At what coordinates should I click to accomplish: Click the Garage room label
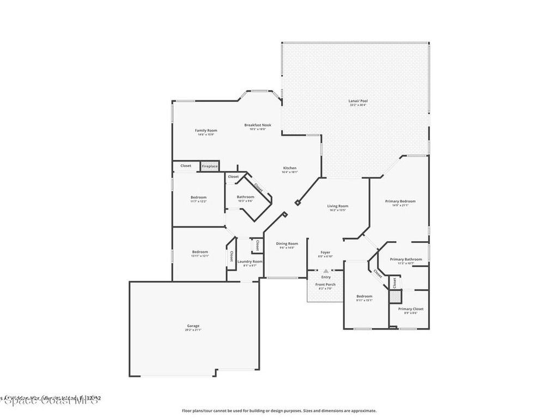point(193,326)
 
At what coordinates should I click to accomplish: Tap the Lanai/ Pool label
point(358,101)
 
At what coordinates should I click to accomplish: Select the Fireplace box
point(210,166)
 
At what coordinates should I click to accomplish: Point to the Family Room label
point(206,130)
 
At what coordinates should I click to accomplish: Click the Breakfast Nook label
point(257,125)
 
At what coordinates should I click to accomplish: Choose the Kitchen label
point(289,168)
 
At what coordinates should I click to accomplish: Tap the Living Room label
point(338,206)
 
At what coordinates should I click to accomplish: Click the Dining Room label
point(287,244)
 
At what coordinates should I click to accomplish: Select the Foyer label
point(325,253)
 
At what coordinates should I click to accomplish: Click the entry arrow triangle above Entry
point(326,271)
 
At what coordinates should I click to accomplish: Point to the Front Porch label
point(325,284)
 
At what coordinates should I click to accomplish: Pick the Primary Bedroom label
point(401,201)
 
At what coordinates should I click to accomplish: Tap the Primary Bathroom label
point(406,260)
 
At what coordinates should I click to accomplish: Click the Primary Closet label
point(410,309)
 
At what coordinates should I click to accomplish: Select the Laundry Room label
point(250,261)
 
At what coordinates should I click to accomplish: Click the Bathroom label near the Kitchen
point(245,197)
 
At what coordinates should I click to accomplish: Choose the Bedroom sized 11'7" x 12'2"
point(198,197)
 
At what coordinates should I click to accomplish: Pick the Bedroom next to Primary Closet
point(364,296)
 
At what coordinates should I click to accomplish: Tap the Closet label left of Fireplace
point(186,165)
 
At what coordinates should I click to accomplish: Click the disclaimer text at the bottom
point(278,411)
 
